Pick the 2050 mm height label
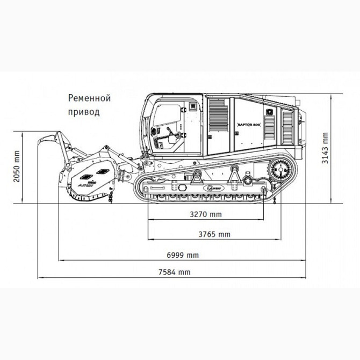tap(17, 167)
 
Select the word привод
tap(84, 112)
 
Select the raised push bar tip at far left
tap(42, 141)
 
